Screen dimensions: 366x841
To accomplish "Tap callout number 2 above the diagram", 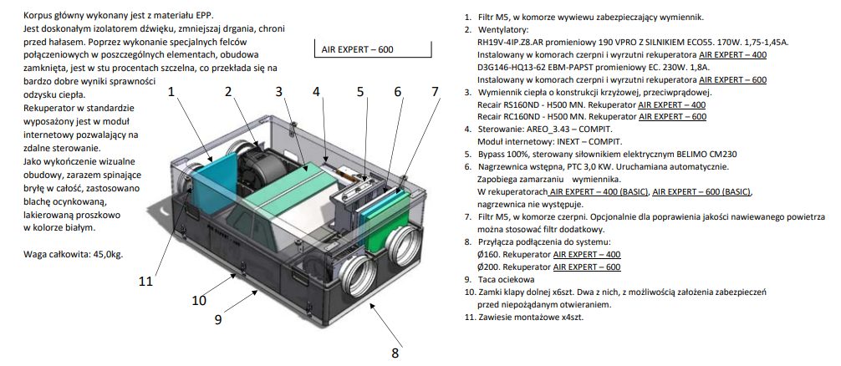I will click(227, 91).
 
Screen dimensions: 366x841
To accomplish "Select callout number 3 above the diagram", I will click(279, 91).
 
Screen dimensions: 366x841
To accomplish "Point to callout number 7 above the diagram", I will click(434, 91).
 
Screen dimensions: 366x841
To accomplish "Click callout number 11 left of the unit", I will click(145, 281).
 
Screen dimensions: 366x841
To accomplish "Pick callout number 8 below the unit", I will click(395, 353).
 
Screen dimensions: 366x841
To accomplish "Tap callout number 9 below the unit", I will click(218, 318).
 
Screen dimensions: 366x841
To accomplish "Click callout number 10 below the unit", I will click(198, 299).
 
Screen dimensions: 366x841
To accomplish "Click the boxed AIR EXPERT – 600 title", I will click(357, 49).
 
